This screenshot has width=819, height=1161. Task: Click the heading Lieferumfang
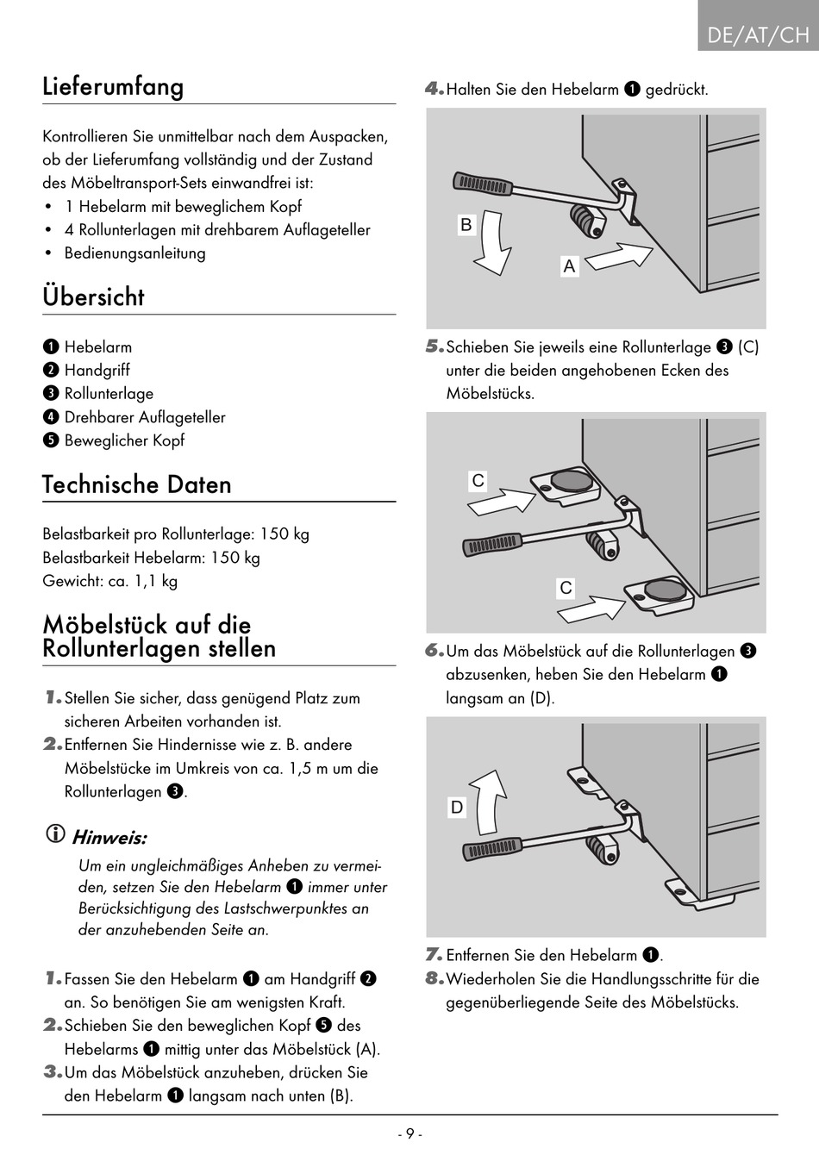(x=113, y=87)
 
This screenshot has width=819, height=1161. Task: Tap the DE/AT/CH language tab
(x=758, y=34)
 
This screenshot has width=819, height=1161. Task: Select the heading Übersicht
(x=93, y=297)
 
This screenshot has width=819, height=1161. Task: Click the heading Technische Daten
(x=137, y=484)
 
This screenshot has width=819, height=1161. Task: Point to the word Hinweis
(x=109, y=838)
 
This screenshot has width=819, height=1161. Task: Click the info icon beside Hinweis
(x=55, y=834)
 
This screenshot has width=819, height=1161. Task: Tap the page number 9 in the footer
(x=409, y=1134)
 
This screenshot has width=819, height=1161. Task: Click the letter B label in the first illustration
(x=466, y=225)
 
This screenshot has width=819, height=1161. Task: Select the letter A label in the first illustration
(x=569, y=266)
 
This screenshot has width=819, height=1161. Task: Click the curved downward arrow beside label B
(x=495, y=243)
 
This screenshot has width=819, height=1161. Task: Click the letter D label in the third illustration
(x=457, y=808)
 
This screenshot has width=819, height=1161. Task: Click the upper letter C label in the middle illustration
(x=478, y=481)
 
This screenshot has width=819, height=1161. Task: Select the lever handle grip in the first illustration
(x=483, y=183)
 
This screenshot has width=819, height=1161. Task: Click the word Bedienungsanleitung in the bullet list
(x=135, y=253)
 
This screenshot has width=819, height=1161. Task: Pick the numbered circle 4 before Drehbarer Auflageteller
(x=51, y=417)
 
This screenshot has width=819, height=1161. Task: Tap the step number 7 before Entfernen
(x=434, y=955)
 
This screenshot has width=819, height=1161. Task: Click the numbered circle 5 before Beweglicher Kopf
(x=51, y=440)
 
